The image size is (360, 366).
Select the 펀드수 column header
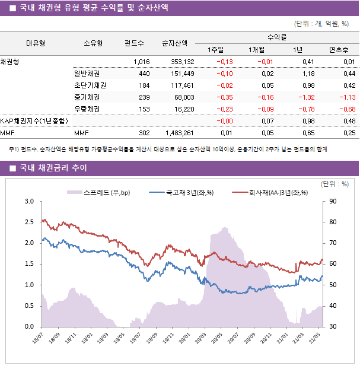pyautogui.click(x=134, y=43)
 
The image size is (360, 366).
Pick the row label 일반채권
pyautogui.click(x=87, y=74)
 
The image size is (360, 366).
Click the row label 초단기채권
pyautogui.click(x=90, y=85)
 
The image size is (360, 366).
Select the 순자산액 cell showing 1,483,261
pyautogui.click(x=179, y=133)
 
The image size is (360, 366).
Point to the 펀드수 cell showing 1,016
pyautogui.click(x=142, y=62)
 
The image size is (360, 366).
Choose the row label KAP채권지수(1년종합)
pyautogui.click(x=33, y=121)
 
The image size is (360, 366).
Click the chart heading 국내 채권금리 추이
pyautogui.click(x=53, y=168)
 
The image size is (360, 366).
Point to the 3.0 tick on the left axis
pyautogui.click(x=29, y=202)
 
